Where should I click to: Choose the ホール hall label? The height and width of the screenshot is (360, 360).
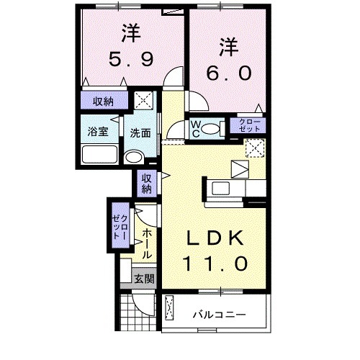(146, 243)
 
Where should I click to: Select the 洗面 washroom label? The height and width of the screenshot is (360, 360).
(140, 133)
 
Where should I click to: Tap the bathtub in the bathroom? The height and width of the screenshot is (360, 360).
(99, 155)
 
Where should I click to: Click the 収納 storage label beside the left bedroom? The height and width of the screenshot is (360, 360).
(103, 101)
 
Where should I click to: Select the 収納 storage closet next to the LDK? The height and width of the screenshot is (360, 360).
(146, 184)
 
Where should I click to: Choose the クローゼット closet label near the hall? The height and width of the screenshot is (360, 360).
(120, 227)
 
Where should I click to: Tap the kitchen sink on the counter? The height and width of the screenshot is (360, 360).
(220, 189)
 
